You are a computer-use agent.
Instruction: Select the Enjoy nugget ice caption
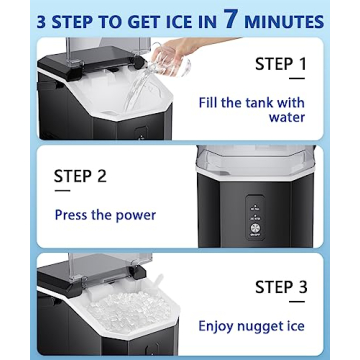pos(259,325)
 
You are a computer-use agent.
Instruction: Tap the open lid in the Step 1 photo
pos(100,50)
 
